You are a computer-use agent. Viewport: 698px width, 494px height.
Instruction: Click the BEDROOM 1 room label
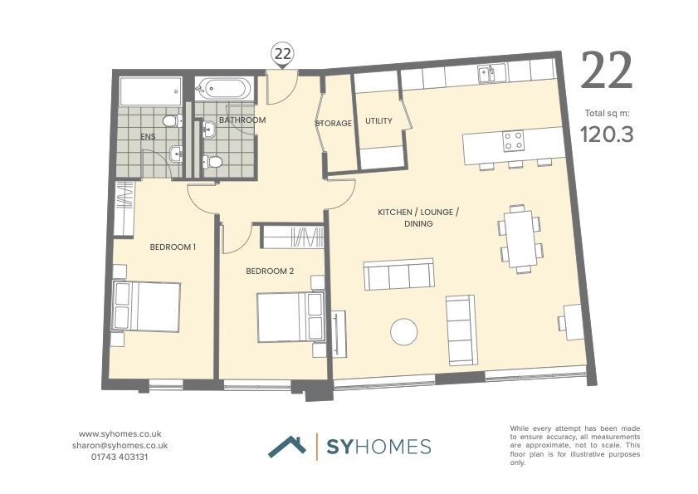[173, 247]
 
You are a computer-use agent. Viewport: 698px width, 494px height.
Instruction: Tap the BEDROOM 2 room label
[270, 271]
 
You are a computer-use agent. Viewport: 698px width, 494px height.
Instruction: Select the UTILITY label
[378, 121]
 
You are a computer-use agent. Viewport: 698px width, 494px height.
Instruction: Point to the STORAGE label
[333, 124]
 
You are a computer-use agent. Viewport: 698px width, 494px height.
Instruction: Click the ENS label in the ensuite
[148, 136]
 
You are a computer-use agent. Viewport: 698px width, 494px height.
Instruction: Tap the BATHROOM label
[242, 120]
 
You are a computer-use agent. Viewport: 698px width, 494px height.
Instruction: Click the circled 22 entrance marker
[283, 55]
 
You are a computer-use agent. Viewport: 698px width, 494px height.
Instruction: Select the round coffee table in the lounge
[405, 332]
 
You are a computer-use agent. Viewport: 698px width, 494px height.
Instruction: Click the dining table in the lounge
[520, 238]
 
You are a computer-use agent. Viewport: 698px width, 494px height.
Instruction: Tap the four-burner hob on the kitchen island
[514, 141]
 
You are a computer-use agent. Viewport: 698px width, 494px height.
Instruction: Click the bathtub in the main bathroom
[221, 88]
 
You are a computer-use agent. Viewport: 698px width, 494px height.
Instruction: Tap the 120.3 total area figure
[606, 134]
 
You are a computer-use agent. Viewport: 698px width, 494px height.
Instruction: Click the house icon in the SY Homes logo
[287, 446]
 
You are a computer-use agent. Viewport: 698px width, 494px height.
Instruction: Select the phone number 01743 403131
[120, 457]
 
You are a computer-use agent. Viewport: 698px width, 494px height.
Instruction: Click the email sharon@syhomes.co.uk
[120, 445]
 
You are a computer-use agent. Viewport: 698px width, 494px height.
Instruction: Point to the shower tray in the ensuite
[150, 90]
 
